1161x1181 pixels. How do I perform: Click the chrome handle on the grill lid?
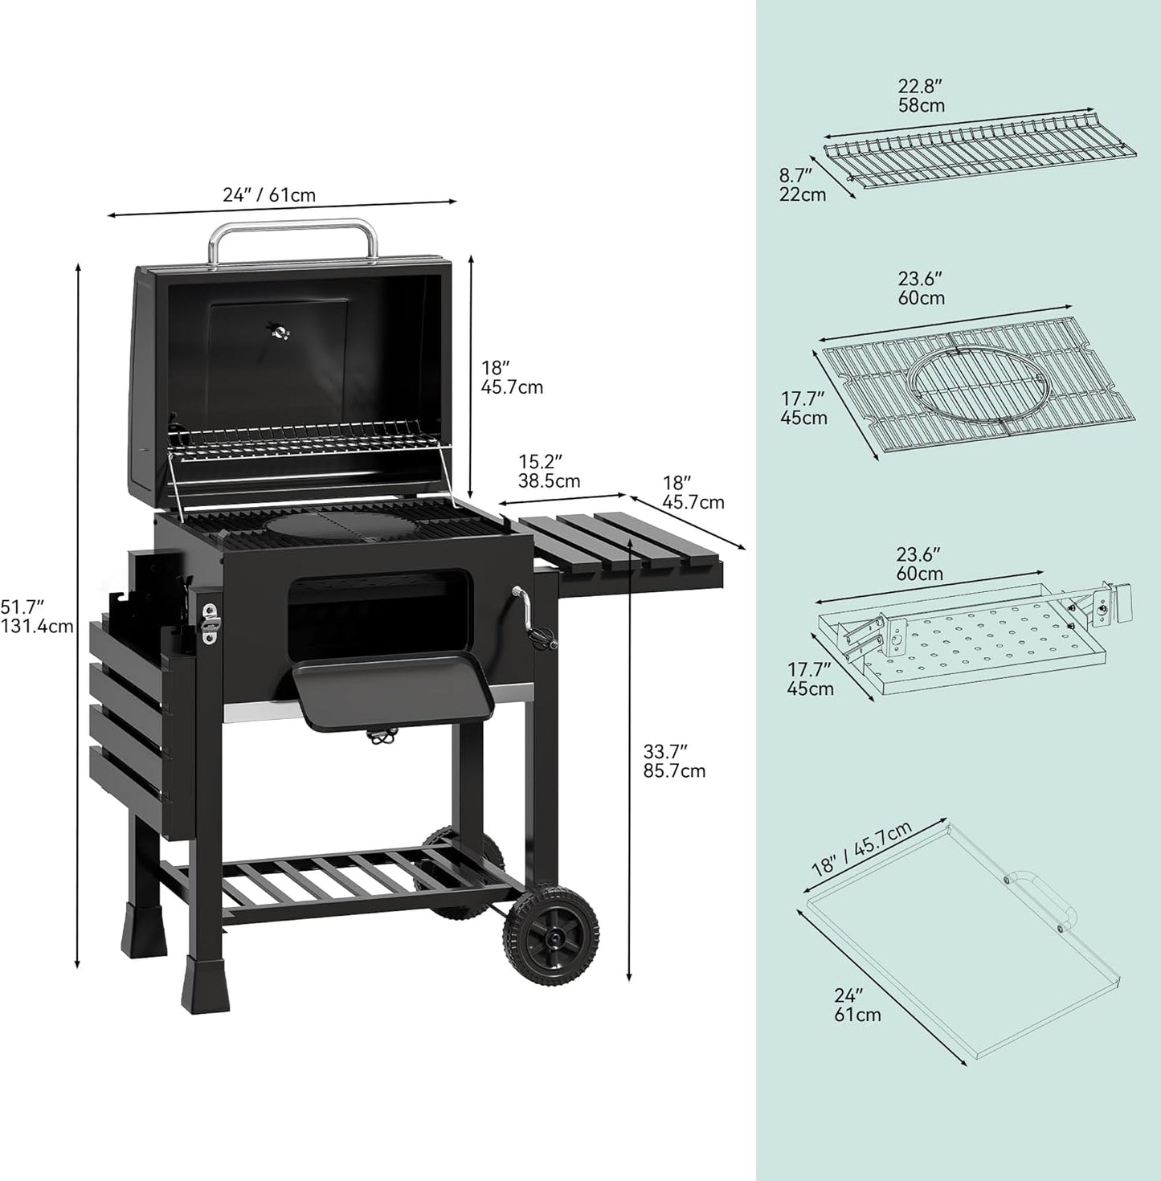(x=293, y=230)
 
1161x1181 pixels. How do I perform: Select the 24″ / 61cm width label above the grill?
(x=269, y=195)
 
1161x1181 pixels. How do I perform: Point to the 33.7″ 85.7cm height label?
(x=673, y=762)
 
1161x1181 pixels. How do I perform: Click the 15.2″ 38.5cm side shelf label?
(x=549, y=472)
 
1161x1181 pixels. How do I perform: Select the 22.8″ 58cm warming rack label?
(x=921, y=96)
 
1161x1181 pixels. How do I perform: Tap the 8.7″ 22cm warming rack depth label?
(x=801, y=184)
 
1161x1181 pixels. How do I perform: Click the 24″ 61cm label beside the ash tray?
(x=856, y=1005)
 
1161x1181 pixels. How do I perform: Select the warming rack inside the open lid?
(x=309, y=446)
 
